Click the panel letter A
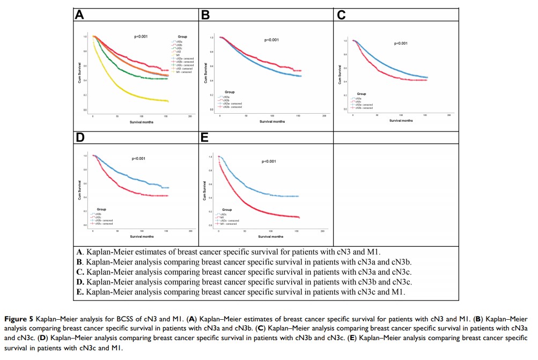pos(79,15)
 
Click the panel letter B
pos(205,15)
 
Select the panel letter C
pos(341,15)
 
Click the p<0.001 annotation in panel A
pos(141,36)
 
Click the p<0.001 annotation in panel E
pos(269,161)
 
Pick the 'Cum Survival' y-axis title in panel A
pos(78,74)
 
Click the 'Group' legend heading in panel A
pos(182,36)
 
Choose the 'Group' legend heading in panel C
pos(362,94)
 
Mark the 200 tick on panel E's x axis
pos(322,231)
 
